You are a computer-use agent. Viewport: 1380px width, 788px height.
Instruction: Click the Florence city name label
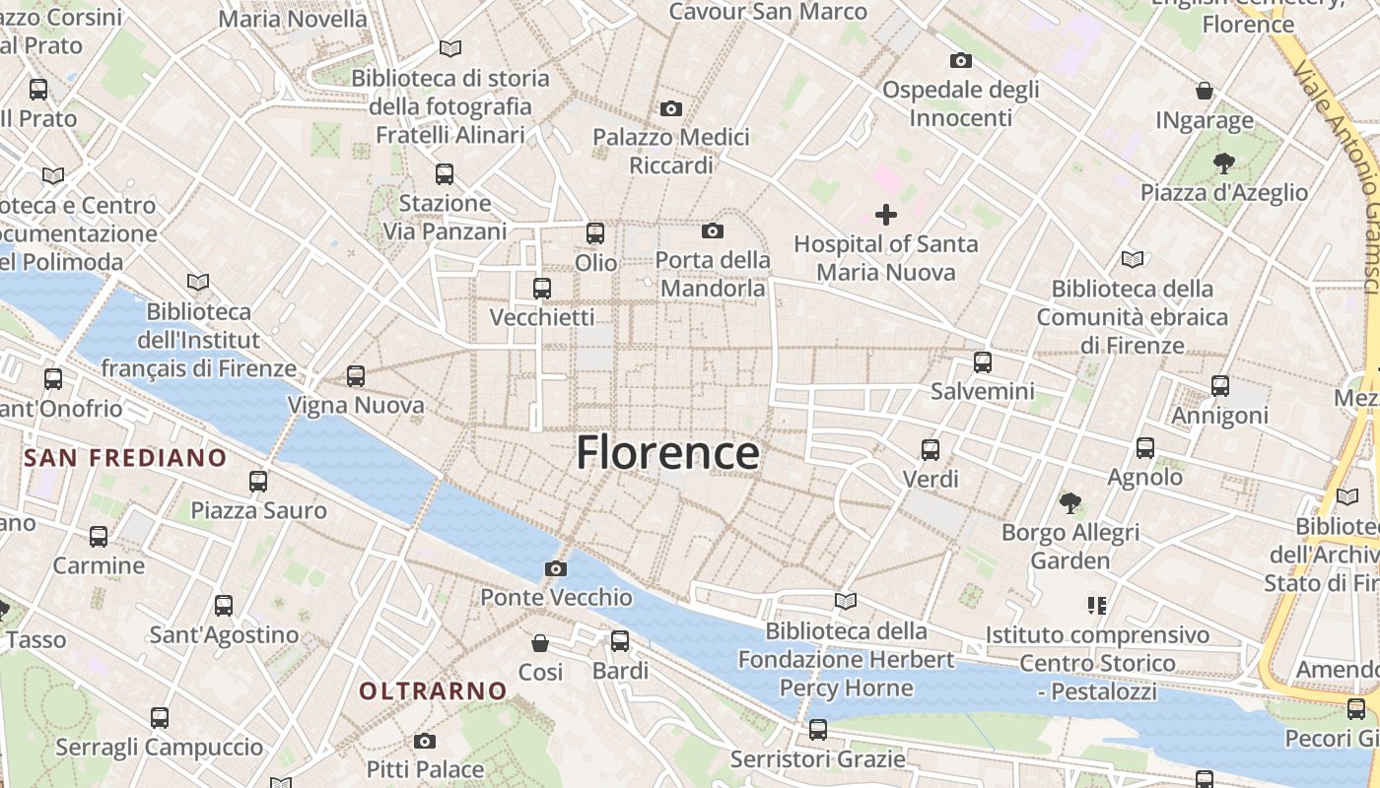667,453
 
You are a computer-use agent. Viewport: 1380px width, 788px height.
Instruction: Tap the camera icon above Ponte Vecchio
556,568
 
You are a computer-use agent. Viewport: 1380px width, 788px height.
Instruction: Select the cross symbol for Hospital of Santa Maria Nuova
886,214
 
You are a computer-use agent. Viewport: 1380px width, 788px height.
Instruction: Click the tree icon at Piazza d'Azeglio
1223,163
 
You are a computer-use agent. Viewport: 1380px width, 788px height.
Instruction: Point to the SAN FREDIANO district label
125,458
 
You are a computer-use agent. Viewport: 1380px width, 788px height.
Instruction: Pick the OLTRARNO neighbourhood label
433,691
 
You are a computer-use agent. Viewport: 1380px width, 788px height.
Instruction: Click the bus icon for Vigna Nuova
356,376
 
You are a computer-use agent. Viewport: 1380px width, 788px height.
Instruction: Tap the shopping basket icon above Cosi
540,643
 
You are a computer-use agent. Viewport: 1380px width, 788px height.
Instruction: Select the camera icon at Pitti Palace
425,741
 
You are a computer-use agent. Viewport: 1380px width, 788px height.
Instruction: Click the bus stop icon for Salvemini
983,362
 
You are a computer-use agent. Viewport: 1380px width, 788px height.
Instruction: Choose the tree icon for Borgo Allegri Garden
1069,503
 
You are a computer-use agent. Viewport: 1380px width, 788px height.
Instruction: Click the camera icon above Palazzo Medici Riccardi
671,108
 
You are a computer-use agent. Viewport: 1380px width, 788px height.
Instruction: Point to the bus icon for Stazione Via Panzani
445,174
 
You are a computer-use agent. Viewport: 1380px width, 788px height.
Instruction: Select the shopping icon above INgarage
1205,91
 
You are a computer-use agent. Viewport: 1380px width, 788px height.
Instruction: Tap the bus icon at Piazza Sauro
258,482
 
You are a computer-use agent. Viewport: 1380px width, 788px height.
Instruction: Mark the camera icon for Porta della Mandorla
712,231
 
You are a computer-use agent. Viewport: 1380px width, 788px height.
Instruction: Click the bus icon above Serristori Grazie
818,730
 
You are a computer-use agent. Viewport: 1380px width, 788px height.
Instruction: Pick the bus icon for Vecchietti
542,289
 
